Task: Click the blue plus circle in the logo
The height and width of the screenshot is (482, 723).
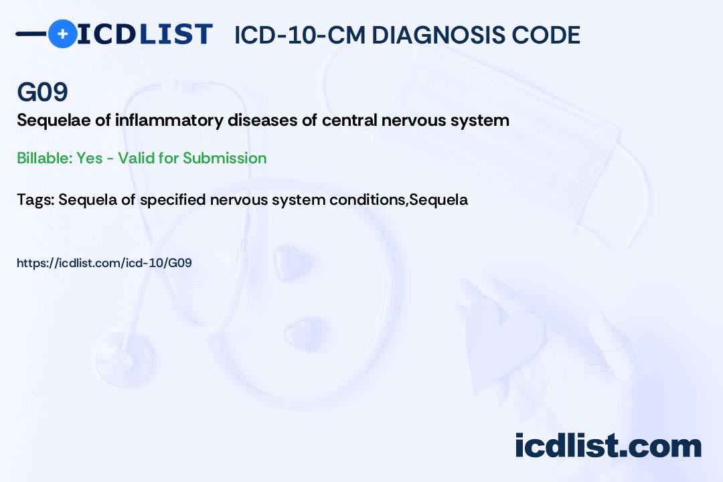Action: pyautogui.click(x=62, y=33)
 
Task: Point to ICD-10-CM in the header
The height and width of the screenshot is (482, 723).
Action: pyautogui.click(x=299, y=35)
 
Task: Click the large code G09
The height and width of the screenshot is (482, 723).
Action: pyautogui.click(x=42, y=92)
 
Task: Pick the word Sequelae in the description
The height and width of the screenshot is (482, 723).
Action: pyautogui.click(x=48, y=120)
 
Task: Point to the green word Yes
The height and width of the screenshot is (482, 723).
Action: pyautogui.click(x=89, y=158)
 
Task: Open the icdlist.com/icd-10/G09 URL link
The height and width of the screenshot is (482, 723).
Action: pyautogui.click(x=104, y=263)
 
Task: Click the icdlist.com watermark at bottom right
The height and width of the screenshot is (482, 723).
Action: pyautogui.click(x=608, y=447)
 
